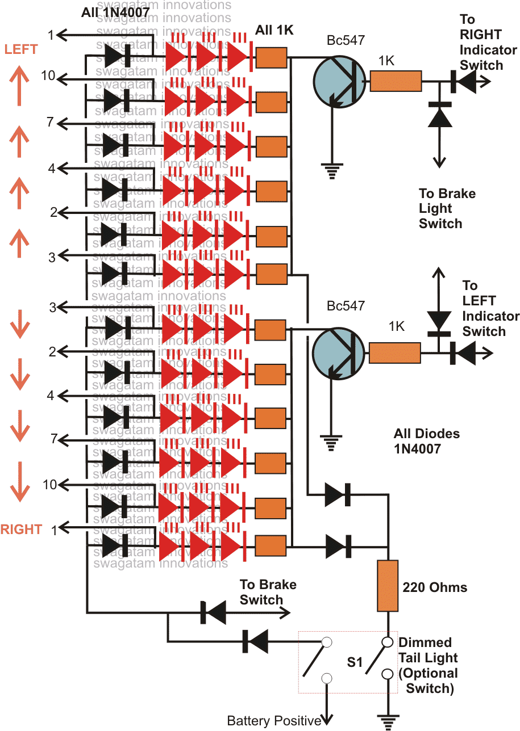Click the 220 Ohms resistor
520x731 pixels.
coord(388,585)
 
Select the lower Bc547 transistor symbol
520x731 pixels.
coord(339,352)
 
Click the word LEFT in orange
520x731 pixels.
coord(21,49)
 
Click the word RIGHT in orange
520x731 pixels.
coord(21,530)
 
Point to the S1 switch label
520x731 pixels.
coord(355,662)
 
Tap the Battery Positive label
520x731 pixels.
coord(274,721)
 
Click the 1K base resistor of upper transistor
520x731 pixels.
coord(396,81)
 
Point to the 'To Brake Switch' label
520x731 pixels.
coord(268,592)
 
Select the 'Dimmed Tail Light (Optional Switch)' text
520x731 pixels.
coord(428,666)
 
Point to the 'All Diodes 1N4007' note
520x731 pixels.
coord(426,441)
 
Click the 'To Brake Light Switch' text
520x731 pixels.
coord(447,208)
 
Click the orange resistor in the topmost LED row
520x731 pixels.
coord(272,57)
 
